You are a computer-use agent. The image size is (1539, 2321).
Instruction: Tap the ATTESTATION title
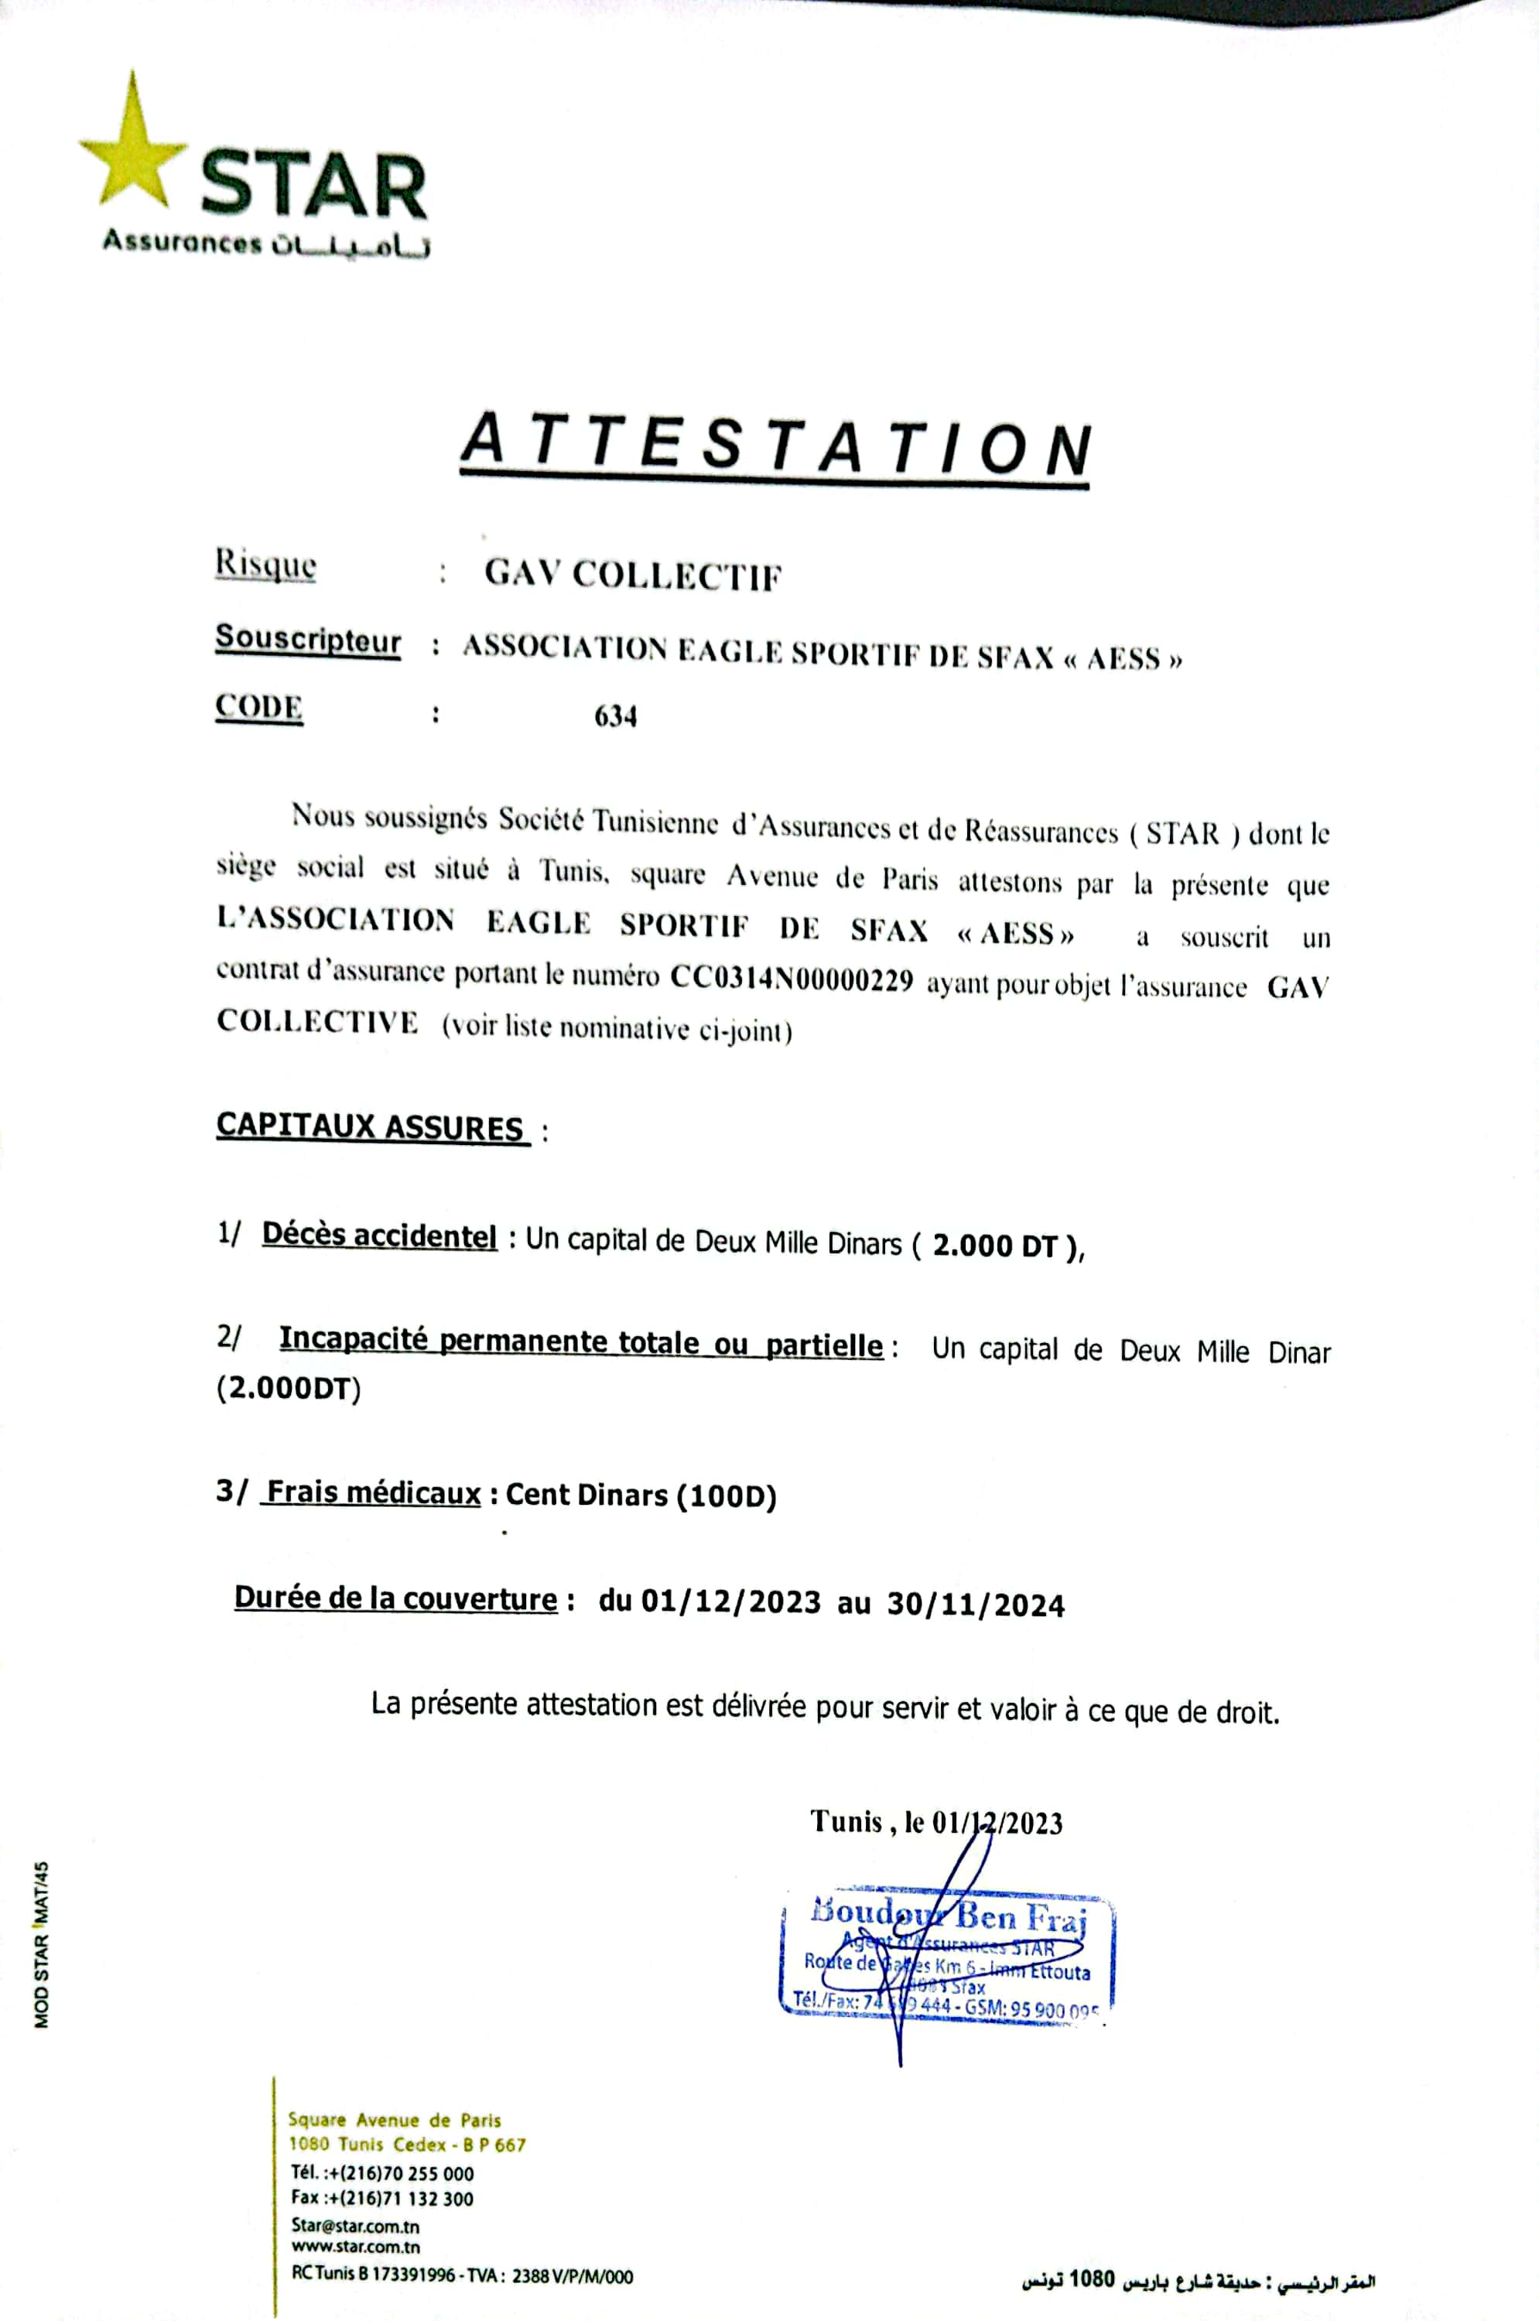click(x=775, y=446)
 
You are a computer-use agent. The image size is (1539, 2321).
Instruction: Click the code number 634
click(x=615, y=716)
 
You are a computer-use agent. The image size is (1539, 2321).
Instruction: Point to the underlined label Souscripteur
click(x=308, y=640)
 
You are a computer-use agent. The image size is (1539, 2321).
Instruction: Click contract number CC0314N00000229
click(x=791, y=979)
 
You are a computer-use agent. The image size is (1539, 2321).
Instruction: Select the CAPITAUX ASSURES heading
click(x=370, y=1126)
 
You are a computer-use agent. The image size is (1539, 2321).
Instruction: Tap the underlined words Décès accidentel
click(x=379, y=1236)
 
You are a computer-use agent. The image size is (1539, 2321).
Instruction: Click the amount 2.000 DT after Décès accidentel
click(x=994, y=1246)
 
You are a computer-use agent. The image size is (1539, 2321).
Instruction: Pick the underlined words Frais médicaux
click(x=374, y=1492)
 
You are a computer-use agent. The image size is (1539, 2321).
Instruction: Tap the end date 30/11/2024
click(x=976, y=1605)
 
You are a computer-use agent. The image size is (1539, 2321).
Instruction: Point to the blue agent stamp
click(x=948, y=1953)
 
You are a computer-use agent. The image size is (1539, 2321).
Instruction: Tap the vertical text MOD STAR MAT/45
click(x=41, y=1944)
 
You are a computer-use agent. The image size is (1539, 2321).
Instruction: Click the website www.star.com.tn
click(x=355, y=2248)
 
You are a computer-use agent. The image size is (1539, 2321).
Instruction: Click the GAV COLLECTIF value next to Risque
click(x=633, y=575)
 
